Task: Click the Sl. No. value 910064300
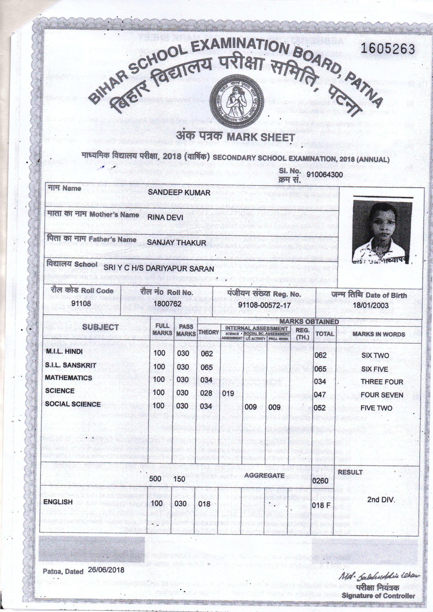coord(324,175)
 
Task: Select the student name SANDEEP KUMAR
coord(179,192)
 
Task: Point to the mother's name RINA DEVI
coord(165,218)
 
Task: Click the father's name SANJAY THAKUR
coord(176,243)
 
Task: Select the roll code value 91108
coord(81,303)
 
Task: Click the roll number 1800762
coord(168,304)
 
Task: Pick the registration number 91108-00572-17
coord(264,305)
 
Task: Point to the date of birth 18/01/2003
coord(371,305)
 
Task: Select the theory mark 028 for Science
coord(206,393)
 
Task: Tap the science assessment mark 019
coord(228,393)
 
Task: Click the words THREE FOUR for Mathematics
coord(382,382)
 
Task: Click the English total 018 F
coord(321,505)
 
